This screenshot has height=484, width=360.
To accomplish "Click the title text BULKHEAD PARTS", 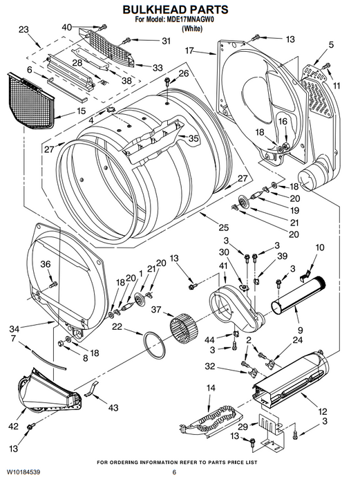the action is [176, 10].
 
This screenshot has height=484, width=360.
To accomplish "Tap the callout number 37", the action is [156, 309].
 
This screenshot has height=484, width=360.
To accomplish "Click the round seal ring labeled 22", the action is [154, 345].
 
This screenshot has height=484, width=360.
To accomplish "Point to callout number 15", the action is [81, 111].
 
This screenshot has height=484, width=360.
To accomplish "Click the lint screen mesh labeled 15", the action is [30, 100].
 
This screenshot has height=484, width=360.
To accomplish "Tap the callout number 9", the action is [300, 331].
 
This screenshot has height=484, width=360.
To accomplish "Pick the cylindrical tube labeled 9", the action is [298, 295].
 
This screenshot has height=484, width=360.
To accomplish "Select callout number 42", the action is [13, 427].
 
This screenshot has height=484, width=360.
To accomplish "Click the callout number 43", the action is [113, 407].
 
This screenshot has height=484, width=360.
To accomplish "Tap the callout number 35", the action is [193, 138].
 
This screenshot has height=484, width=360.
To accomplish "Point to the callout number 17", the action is [189, 50].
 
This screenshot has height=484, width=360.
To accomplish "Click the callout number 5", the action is [331, 44].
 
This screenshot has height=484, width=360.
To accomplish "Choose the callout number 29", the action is [243, 427].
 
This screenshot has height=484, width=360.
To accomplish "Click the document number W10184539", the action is [23, 472].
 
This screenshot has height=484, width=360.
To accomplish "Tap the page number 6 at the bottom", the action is [174, 472].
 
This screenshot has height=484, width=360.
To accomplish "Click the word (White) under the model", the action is [192, 29].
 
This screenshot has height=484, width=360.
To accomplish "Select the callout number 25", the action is [224, 227].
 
